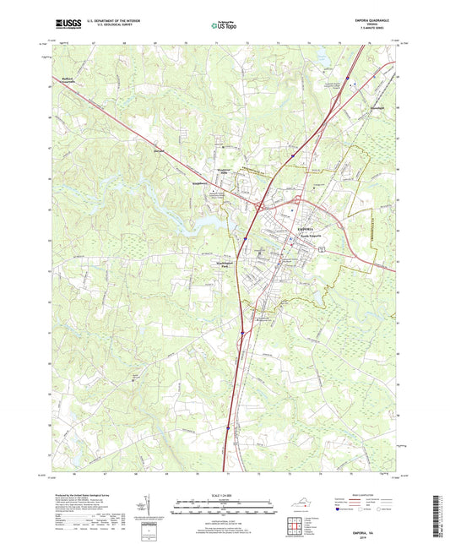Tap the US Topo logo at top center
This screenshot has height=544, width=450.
pos(221,26)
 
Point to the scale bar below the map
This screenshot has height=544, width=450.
pos(224,508)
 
